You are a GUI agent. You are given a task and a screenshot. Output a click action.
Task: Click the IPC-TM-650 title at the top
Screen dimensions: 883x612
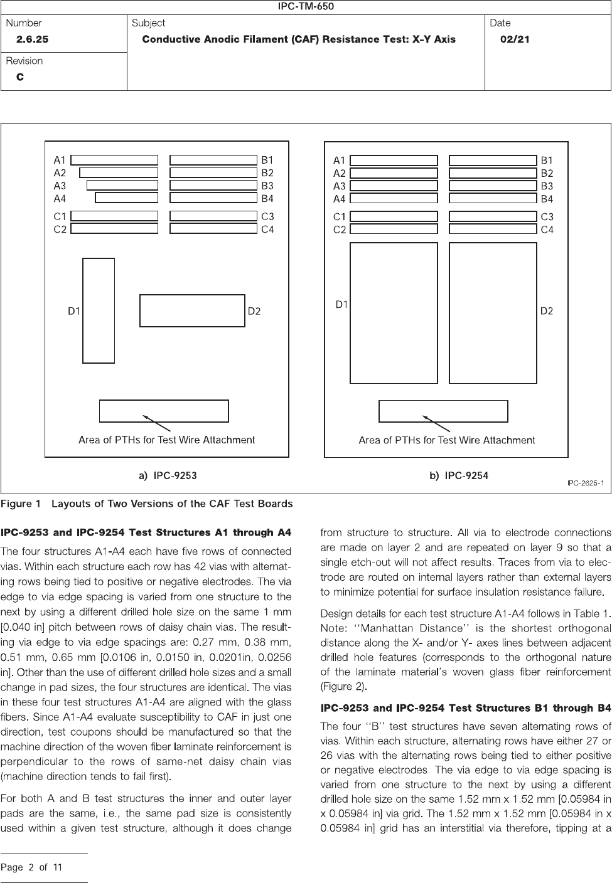306,7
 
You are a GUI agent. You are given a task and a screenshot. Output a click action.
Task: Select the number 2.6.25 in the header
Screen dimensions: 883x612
32,40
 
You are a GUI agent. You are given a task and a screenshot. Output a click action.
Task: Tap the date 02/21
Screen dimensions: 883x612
515,40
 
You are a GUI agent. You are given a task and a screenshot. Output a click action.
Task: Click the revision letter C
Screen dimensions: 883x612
20,77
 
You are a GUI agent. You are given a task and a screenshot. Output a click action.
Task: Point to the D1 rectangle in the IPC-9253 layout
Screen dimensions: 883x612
99,310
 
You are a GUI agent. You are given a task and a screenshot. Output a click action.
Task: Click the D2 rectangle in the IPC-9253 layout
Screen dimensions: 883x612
192,310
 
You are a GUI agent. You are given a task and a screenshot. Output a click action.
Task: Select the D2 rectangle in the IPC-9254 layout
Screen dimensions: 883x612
493,313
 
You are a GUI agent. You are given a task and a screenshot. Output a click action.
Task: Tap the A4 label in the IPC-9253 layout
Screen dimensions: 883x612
60,199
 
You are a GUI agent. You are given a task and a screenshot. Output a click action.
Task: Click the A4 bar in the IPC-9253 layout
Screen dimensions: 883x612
127,198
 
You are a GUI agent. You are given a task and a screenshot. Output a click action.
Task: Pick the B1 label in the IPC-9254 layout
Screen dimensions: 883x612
547,161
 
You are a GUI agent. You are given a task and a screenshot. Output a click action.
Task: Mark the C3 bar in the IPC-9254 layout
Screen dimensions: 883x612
493,216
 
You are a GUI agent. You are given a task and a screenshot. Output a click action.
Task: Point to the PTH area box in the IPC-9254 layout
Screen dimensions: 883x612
443,411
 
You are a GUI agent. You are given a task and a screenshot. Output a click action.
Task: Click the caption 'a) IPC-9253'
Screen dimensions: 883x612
168,476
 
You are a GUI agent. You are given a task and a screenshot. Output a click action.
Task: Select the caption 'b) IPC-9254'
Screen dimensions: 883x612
459,476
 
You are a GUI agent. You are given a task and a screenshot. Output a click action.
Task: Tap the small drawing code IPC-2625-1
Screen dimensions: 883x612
585,483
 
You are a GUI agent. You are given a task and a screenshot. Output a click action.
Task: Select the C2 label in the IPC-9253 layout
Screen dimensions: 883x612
60,230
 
